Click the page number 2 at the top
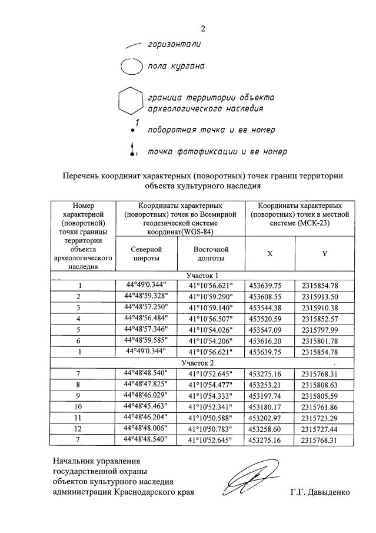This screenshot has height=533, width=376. [202, 29]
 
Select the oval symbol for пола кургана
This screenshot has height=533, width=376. [132, 66]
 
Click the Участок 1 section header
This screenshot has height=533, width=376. [202, 275]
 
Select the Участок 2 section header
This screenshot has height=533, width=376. [202, 363]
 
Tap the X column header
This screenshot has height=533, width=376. [269, 253]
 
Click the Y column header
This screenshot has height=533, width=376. [324, 253]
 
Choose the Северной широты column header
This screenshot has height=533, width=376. [147, 254]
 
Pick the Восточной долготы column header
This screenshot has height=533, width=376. [211, 254]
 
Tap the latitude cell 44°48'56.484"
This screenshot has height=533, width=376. [146, 319]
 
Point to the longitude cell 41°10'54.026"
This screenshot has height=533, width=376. [211, 330]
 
